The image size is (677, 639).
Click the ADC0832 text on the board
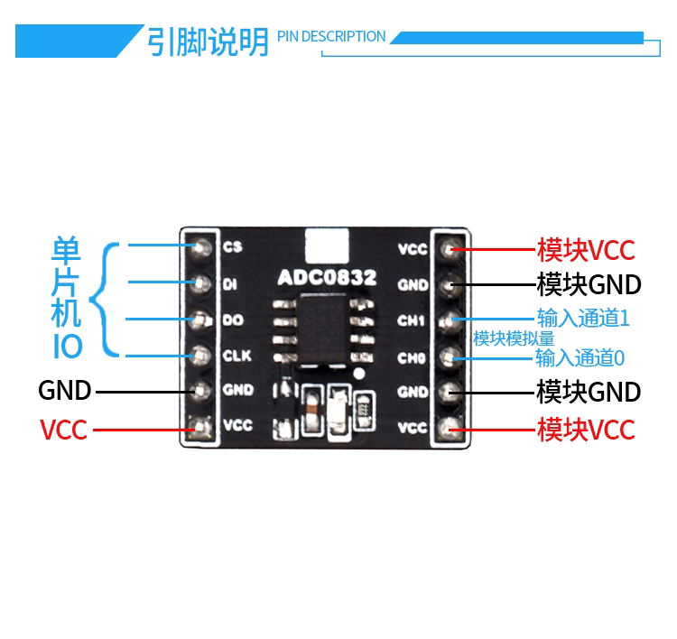[x=327, y=277]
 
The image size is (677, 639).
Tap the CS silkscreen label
[x=233, y=247]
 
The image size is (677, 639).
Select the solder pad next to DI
[x=199, y=284]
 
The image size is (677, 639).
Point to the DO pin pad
[x=199, y=319]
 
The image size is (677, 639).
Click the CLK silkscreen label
[x=237, y=356]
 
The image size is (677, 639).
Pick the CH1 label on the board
[x=411, y=320]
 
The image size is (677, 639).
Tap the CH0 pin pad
[x=450, y=357]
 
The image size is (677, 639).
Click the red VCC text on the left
[x=63, y=430]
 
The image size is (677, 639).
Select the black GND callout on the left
[x=65, y=390]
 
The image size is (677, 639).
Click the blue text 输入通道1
[x=583, y=319]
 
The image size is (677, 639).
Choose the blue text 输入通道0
[x=580, y=358]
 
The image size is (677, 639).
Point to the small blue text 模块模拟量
[x=514, y=338]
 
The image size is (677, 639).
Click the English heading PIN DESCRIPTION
[x=331, y=37]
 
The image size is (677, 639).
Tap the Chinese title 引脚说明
[x=208, y=42]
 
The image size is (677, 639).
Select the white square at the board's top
[x=327, y=245]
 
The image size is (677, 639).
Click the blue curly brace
[x=104, y=300]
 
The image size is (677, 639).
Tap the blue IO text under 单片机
[x=67, y=347]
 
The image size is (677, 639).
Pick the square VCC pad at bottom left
[x=199, y=428]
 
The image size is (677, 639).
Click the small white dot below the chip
[x=358, y=374]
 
